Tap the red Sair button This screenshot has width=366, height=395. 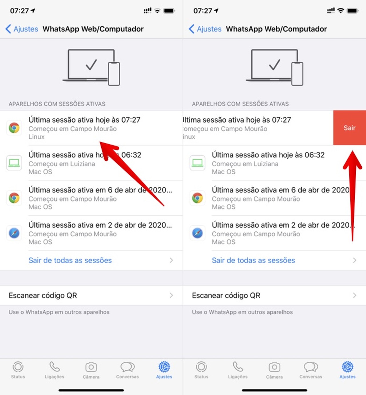click(x=349, y=128)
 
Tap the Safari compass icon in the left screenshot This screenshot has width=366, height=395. click(x=14, y=233)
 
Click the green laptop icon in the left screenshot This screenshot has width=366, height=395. click(x=14, y=163)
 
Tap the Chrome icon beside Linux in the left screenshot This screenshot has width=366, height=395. click(x=14, y=128)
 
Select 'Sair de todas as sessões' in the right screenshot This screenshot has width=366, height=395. click(x=253, y=260)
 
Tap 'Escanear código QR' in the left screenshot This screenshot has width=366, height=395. click(x=43, y=295)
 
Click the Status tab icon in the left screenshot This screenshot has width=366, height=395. click(x=18, y=367)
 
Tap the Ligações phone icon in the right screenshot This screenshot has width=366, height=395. click(x=238, y=366)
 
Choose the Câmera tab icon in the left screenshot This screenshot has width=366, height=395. click(x=91, y=367)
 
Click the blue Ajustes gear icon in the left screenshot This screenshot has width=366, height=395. click(x=164, y=367)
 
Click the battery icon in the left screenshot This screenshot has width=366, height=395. click(x=169, y=11)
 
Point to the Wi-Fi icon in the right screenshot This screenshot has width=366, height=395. click(x=341, y=11)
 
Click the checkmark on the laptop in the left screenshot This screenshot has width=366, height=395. click(x=91, y=65)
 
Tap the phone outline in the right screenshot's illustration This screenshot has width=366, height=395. click(x=297, y=74)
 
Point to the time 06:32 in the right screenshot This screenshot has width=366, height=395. click(x=315, y=155)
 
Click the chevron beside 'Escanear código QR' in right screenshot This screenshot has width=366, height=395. click(x=355, y=295)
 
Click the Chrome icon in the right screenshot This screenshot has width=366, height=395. click(x=197, y=198)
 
